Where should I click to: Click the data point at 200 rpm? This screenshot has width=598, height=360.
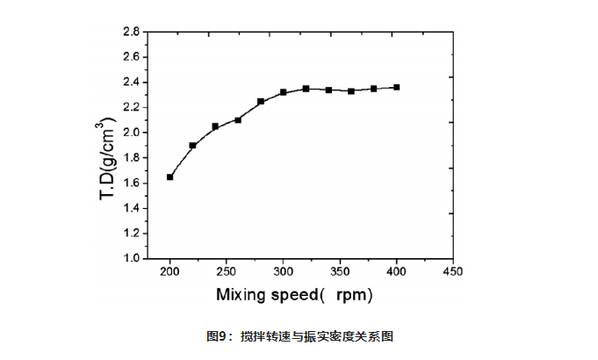(x=170, y=176)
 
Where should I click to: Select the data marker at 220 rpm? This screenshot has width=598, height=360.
(x=193, y=145)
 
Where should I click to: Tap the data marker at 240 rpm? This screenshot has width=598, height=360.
(x=215, y=126)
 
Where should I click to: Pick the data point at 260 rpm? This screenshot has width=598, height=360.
(x=238, y=119)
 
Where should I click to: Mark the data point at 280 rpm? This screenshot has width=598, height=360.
(x=261, y=102)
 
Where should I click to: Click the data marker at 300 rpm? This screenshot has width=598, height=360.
(x=284, y=92)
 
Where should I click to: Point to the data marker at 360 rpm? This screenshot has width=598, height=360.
(x=351, y=90)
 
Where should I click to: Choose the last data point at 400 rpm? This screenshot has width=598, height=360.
(x=397, y=87)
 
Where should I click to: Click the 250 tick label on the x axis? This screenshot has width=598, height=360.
(x=227, y=271)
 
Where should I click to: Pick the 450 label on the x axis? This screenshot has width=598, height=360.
(x=453, y=271)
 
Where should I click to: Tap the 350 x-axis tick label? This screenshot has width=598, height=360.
(x=340, y=271)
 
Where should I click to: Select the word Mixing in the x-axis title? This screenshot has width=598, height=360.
(x=243, y=295)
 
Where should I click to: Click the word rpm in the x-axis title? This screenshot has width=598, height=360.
(x=357, y=295)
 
